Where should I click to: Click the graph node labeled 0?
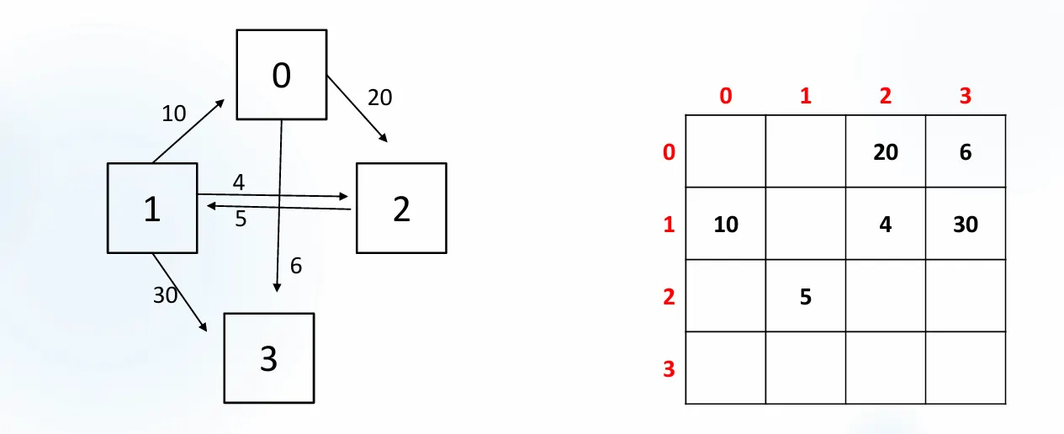(x=281, y=75)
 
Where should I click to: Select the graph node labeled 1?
(x=152, y=208)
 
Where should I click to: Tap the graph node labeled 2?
(x=401, y=208)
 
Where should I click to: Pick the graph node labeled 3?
(x=268, y=358)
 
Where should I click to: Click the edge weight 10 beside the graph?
(x=174, y=113)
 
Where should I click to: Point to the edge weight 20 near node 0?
(x=379, y=98)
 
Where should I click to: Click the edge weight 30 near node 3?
(x=165, y=294)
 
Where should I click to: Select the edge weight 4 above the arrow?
(x=239, y=183)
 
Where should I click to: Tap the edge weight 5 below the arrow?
(x=241, y=220)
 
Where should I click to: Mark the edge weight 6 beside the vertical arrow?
(x=296, y=266)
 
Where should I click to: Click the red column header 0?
(x=726, y=96)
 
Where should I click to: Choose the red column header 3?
(x=965, y=96)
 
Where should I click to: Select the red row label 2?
(x=669, y=297)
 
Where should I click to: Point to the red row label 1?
(x=669, y=225)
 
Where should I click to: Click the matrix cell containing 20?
(x=885, y=151)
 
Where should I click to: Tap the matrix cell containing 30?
(x=965, y=224)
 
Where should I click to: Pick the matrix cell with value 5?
(x=805, y=296)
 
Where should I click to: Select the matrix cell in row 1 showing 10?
(x=726, y=224)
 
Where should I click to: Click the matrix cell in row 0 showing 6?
(x=965, y=151)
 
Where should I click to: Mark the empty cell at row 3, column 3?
(x=965, y=368)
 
